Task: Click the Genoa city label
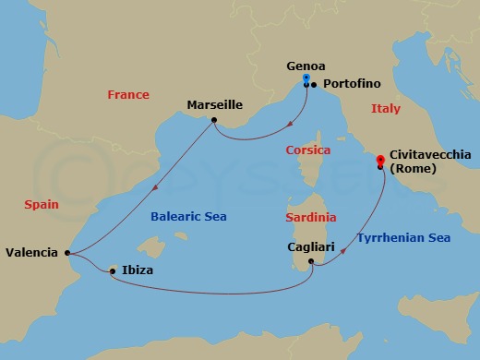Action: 306,66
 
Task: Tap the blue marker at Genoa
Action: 306,80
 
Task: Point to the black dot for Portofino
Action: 314,85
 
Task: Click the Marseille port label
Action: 214,104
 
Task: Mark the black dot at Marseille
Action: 214,120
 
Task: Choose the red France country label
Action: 128,95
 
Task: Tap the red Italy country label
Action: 386,109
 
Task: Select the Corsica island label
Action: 308,150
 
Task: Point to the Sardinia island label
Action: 311,218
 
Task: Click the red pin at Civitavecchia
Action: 380,162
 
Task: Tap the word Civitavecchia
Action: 431,156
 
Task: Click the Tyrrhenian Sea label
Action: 404,238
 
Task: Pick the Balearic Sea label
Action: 188,217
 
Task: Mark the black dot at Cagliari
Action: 312,262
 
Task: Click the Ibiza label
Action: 137,270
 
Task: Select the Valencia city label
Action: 31,252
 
